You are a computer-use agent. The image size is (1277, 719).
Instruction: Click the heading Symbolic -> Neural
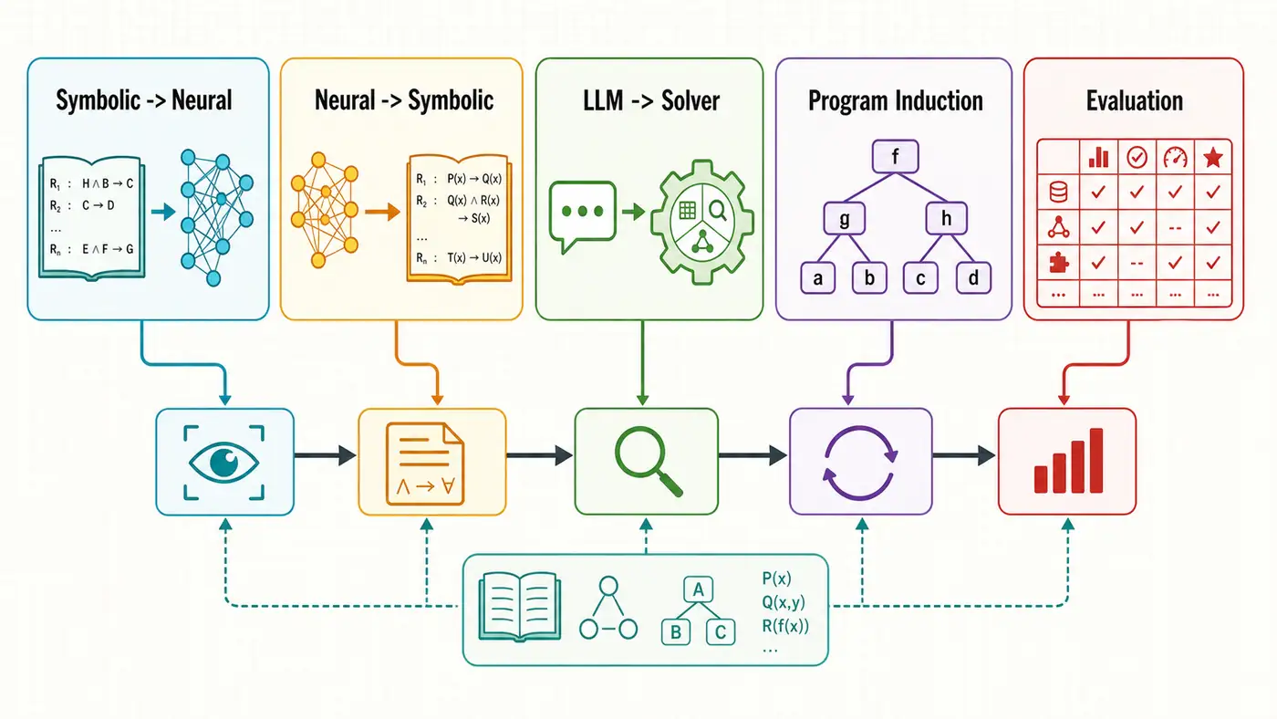click(x=144, y=100)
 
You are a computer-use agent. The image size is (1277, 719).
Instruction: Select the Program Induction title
click(x=895, y=101)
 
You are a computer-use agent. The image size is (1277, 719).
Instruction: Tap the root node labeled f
click(x=895, y=156)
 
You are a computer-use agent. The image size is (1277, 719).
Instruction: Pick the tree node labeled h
click(x=947, y=218)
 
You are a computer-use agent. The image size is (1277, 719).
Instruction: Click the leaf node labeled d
click(x=973, y=277)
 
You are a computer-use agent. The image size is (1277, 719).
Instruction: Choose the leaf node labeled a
click(x=818, y=277)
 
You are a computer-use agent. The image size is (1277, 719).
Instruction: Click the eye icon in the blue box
click(x=224, y=462)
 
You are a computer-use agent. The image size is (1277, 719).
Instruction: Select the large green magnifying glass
click(x=647, y=461)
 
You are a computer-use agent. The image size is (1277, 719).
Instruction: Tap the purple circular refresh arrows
click(x=860, y=463)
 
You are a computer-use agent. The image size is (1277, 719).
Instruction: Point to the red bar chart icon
click(x=1068, y=460)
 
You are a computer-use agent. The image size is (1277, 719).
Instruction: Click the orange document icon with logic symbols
click(x=425, y=464)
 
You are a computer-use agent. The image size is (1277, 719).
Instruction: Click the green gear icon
click(x=701, y=222)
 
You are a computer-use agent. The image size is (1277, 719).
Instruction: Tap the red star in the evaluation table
click(x=1212, y=157)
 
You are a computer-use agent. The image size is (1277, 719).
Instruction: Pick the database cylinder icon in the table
click(x=1058, y=192)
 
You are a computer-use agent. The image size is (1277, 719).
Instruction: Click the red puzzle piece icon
click(x=1058, y=263)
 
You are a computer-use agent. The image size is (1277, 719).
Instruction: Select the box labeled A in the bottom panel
click(x=698, y=589)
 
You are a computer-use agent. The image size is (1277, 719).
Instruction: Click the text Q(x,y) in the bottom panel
click(x=784, y=602)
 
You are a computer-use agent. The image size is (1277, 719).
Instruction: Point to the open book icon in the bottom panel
click(x=519, y=607)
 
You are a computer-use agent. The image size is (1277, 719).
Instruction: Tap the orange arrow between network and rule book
click(x=382, y=212)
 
